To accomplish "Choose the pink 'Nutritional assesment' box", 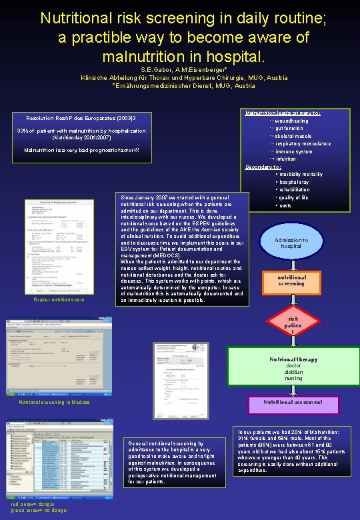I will [293, 402].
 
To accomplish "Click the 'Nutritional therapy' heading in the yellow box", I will [293, 359].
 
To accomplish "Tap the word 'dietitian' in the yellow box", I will [293, 372].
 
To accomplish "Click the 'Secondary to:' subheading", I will [263, 167].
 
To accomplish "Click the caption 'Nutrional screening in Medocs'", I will [54, 402].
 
